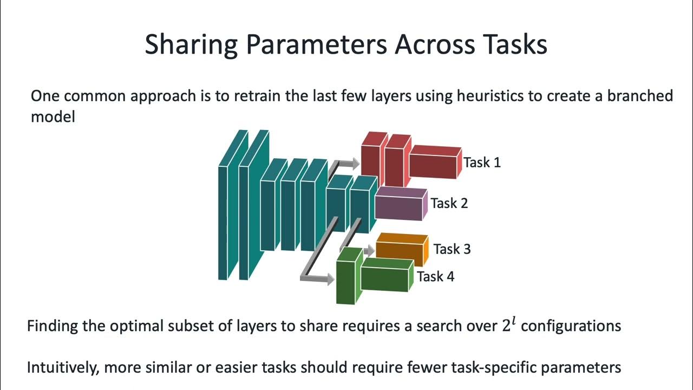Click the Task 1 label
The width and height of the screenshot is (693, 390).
(x=482, y=162)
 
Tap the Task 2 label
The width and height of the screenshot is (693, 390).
(x=449, y=203)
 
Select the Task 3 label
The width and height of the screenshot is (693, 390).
(x=452, y=249)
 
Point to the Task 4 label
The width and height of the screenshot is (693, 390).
(x=435, y=277)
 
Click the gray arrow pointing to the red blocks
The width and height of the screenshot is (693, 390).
(x=346, y=163)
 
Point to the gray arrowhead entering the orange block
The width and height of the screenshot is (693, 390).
(x=370, y=250)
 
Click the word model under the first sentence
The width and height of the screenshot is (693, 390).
(x=53, y=117)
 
